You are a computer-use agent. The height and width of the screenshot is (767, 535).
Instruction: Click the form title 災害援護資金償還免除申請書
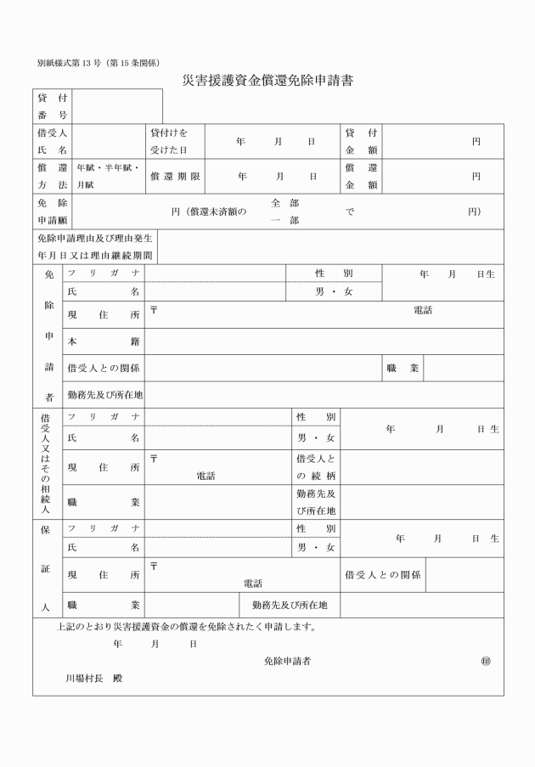pos(267,82)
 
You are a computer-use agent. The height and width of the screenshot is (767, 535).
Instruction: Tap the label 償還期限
pos(172,177)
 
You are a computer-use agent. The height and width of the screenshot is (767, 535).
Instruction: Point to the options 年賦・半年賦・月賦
pos(108,176)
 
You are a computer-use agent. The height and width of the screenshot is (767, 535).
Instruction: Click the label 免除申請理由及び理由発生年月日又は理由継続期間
pos(94,246)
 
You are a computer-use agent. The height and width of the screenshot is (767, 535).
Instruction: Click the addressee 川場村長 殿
pos(94,680)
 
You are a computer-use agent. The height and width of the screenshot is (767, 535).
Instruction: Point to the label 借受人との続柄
pos(316,466)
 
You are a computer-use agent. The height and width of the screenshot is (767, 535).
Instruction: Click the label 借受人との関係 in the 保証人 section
pos(383,575)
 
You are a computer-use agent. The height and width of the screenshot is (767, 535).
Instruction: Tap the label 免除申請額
pos(53,211)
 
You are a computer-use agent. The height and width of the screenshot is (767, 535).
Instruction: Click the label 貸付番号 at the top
pos(53,106)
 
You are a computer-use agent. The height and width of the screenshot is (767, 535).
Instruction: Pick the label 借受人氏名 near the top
pos(53,141)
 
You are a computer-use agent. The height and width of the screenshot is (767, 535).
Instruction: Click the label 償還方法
pos(53,177)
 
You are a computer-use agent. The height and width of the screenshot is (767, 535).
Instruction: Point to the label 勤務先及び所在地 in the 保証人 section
pos(290,605)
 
